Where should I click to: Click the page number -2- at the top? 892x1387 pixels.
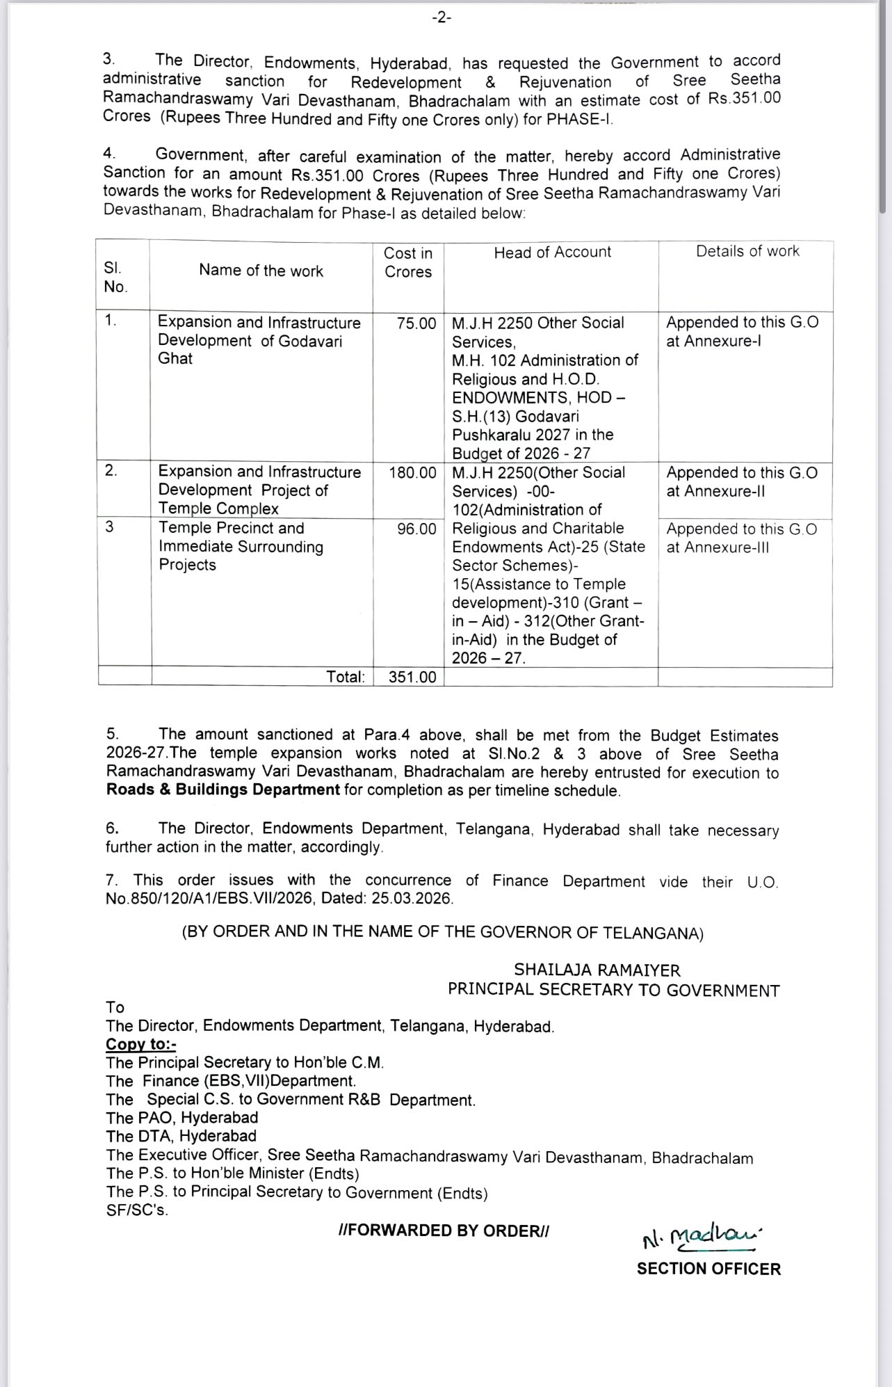[x=441, y=18]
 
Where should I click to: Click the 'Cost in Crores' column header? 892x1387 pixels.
[x=408, y=262]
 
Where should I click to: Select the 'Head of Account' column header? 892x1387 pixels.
[x=552, y=252]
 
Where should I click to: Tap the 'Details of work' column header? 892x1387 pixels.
[x=747, y=251]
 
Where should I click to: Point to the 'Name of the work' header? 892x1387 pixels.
[x=261, y=271]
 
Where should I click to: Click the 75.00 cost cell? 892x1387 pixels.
[x=416, y=323]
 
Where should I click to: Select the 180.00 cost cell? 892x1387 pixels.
[x=413, y=473]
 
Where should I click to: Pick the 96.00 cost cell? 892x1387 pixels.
[x=416, y=529]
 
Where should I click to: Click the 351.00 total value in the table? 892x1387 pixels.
[x=412, y=677]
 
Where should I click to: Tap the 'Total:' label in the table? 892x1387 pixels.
[x=346, y=677]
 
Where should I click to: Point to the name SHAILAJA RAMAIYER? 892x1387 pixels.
[x=597, y=970]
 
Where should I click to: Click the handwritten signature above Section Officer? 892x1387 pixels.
[x=702, y=1236]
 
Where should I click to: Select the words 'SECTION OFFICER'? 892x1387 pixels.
[x=708, y=1269]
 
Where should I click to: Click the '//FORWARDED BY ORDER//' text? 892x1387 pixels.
[x=444, y=1230]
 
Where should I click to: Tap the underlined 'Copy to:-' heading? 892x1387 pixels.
[x=141, y=1044]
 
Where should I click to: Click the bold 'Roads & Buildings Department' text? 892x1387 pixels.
[x=222, y=790]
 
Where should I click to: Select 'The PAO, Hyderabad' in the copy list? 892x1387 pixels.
[x=182, y=1118]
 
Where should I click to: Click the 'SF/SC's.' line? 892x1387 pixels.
[x=137, y=1210]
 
